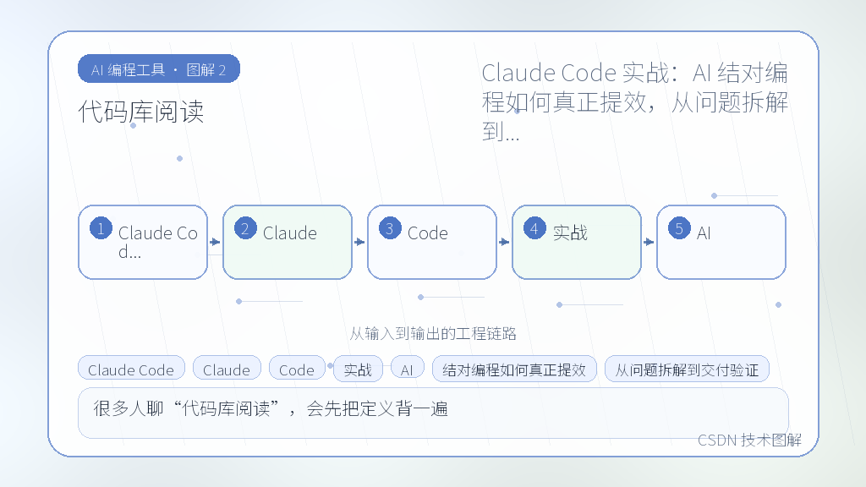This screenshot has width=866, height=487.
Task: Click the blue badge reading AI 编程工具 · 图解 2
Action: (159, 69)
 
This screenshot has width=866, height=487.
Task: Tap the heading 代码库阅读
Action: (141, 112)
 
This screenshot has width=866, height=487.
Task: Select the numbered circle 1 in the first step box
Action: (101, 228)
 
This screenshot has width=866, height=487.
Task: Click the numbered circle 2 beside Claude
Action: (246, 228)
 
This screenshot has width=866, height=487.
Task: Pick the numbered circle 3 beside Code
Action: (391, 228)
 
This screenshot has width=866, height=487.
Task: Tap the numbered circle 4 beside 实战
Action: (534, 228)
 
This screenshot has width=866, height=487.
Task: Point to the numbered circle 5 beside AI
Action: (679, 228)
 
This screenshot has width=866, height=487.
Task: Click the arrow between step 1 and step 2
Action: (215, 242)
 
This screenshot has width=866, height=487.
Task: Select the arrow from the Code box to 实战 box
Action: (504, 242)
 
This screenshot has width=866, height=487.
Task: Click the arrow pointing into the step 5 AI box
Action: (649, 242)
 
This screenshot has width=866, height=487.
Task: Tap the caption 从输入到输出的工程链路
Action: (433, 333)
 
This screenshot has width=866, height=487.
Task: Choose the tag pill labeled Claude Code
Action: (131, 369)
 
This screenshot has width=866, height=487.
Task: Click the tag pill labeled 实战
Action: (358, 369)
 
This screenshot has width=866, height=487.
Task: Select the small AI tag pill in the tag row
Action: (407, 369)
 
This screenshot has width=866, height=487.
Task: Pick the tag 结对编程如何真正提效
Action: (514, 369)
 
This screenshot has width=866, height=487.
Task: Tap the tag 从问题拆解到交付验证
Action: (687, 369)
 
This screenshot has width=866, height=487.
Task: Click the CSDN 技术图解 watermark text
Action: (749, 440)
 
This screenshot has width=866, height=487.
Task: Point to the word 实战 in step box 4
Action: (570, 233)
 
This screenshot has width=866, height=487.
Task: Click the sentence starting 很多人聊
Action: (271, 408)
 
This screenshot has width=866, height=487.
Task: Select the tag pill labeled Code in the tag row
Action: (297, 369)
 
